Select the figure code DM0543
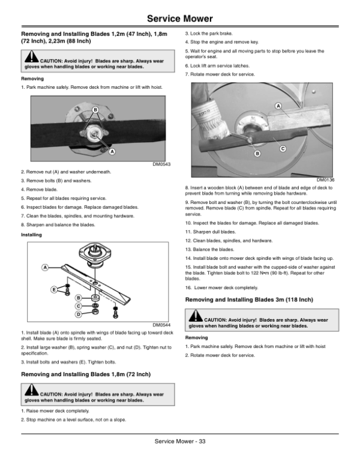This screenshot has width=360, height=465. (161, 164)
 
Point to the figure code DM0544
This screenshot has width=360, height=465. (161, 325)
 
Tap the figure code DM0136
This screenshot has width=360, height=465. (326, 180)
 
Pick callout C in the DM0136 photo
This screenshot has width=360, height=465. (282, 148)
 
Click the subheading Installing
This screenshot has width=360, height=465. (31, 235)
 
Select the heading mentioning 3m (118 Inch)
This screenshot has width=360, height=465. (250, 298)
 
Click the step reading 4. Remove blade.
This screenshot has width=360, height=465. (39, 189)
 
